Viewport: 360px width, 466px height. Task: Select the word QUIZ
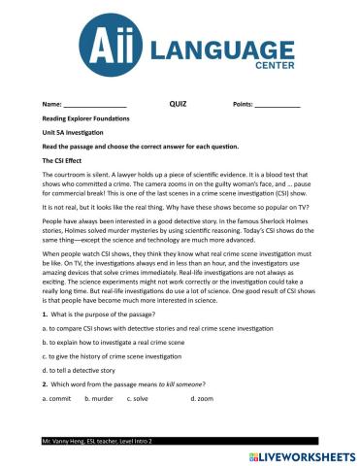click(x=178, y=102)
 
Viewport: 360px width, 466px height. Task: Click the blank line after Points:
click(x=278, y=104)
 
